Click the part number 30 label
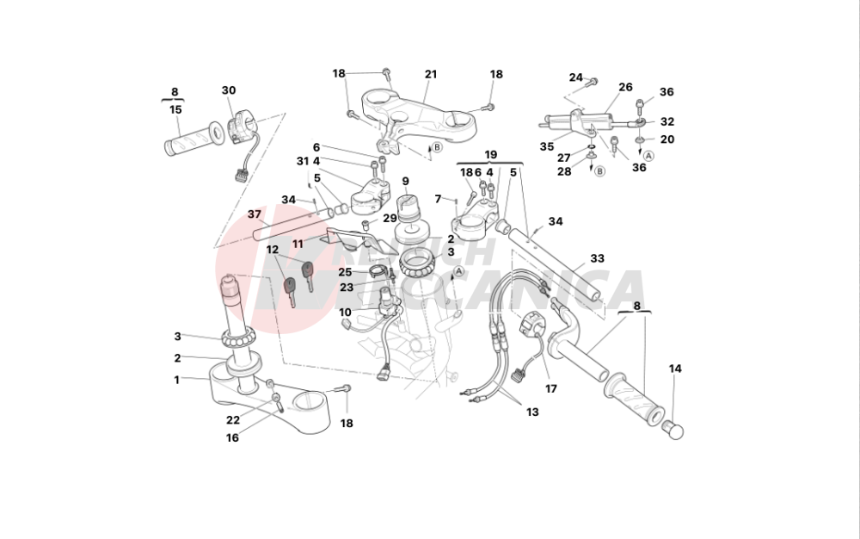point(228,90)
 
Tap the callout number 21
point(431,74)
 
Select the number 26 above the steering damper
point(625,87)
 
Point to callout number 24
point(575,77)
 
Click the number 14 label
point(675,369)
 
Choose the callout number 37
point(255,214)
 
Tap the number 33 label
point(597,257)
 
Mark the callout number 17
point(551,388)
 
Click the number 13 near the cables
point(532,412)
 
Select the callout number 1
point(177,379)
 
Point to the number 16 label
point(232,437)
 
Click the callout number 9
point(405,181)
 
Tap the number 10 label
point(345,312)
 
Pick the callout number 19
point(491,155)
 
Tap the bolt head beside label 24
point(593,83)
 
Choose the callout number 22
point(233,420)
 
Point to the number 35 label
point(547,146)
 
